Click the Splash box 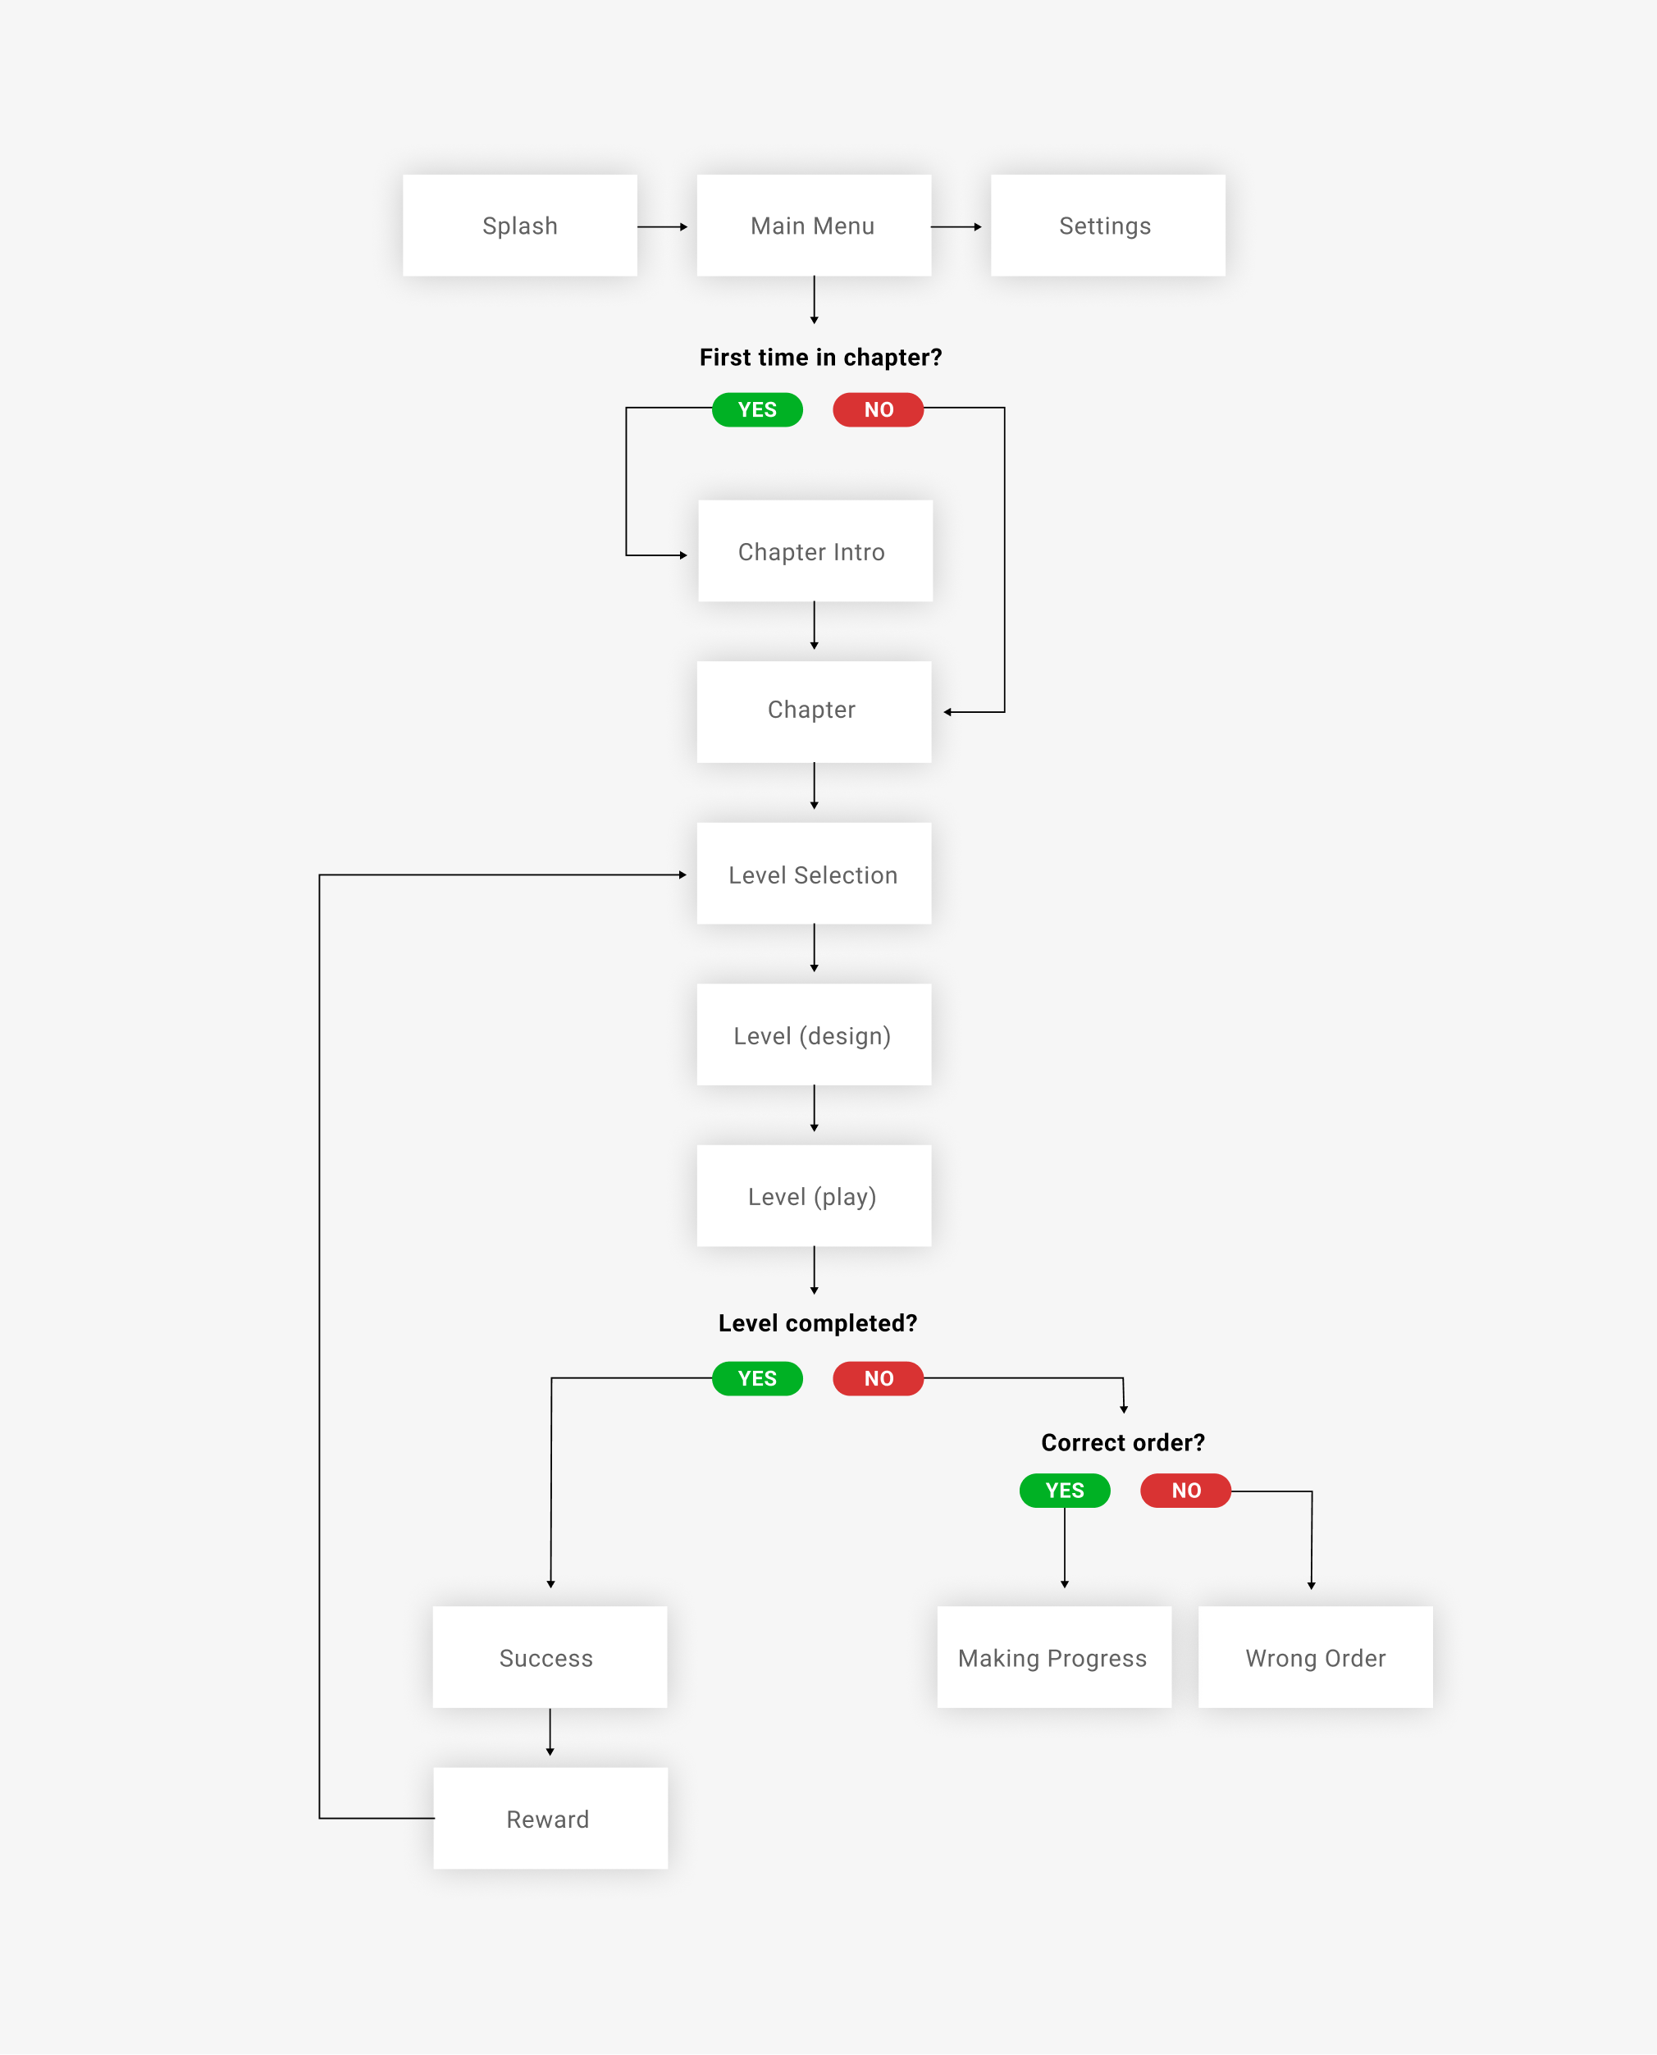pos(519,226)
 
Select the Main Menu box pos(813,226)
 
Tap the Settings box pos(1107,226)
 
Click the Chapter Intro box pos(815,550)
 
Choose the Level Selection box pos(813,874)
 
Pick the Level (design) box pos(813,1034)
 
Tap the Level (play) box pos(813,1196)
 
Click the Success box pos(549,1657)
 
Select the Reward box pos(550,1818)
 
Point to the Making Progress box pos(1054,1657)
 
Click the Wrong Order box pos(1314,1657)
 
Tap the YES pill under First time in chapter pos(757,409)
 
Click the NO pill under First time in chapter pos(879,409)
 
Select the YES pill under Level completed pos(757,1378)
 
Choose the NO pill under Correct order pos(1185,1490)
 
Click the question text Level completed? pos(817,1323)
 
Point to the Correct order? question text pos(1122,1442)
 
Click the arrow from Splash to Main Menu pos(663,227)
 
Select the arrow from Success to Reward pos(550,1732)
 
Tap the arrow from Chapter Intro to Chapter pos(815,625)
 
